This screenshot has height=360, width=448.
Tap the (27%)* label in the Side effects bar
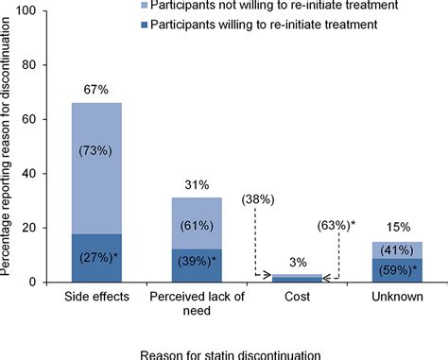coord(96,258)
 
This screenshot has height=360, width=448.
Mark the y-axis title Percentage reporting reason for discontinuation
coord(10,146)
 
